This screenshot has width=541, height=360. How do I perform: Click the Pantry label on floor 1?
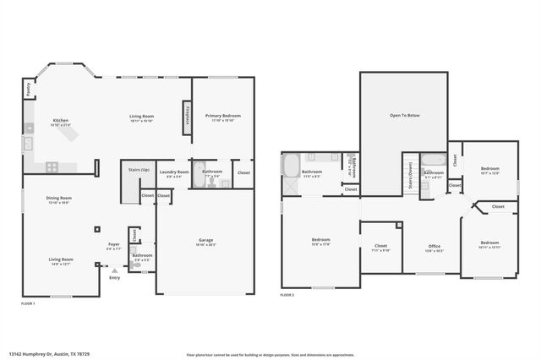(x=28, y=87)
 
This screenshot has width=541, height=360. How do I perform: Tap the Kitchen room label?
(x=61, y=122)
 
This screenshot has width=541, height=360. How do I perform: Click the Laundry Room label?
(x=173, y=173)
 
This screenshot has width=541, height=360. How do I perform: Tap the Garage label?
(x=205, y=242)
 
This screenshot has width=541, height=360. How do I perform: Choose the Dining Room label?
(x=58, y=200)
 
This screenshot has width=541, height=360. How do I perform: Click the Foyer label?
(x=113, y=246)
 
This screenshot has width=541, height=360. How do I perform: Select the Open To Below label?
(x=404, y=115)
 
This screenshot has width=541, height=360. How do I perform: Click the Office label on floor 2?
(x=434, y=248)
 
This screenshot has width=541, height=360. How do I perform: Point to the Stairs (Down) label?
(x=411, y=172)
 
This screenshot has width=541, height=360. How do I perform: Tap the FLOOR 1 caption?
(x=28, y=303)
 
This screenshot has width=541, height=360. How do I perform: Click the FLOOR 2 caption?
(x=287, y=295)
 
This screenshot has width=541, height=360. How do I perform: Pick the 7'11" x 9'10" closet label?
(x=380, y=248)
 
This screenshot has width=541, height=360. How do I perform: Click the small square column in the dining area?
(x=97, y=227)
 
